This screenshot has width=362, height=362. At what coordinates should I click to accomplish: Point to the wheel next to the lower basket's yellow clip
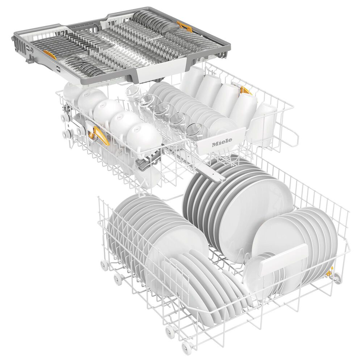click(337, 278)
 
